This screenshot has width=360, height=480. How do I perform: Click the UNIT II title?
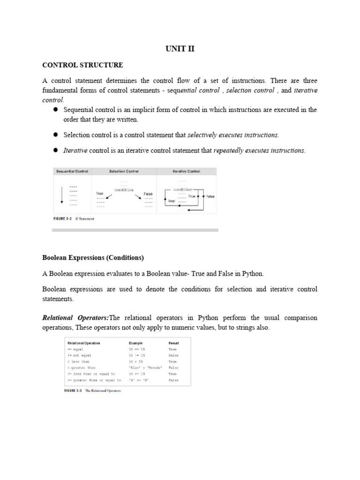click(x=180, y=49)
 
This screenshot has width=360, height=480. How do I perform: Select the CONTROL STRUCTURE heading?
click(x=82, y=65)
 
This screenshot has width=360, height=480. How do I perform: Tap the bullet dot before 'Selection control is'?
click(x=54, y=135)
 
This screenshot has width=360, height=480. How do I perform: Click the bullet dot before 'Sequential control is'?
click(x=54, y=109)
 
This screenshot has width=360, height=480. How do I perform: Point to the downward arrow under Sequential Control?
click(x=61, y=194)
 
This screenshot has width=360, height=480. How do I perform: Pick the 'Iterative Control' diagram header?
click(x=186, y=172)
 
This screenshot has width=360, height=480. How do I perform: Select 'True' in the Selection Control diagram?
click(x=99, y=193)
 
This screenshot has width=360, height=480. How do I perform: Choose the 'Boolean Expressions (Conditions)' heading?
click(x=93, y=258)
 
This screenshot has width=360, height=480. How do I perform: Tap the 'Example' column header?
click(x=136, y=343)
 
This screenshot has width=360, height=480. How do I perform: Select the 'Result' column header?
click(x=174, y=343)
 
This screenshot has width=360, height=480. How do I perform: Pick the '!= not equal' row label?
click(x=80, y=355)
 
